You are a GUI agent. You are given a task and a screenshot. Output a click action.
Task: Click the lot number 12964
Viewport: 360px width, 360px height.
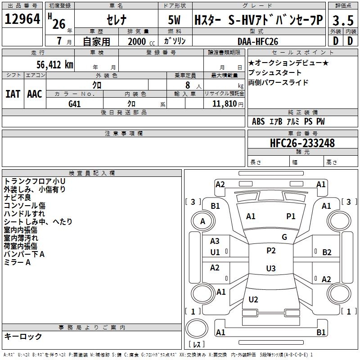(x=22, y=20)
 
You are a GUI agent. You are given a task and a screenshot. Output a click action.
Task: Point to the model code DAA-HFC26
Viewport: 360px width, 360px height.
(x=258, y=41)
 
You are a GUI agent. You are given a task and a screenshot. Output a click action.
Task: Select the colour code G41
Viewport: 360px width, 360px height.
(x=75, y=103)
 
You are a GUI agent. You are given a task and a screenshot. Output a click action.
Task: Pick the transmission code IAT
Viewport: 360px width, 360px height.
(x=13, y=94)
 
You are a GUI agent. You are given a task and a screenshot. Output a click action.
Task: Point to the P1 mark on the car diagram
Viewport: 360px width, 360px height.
(x=291, y=216)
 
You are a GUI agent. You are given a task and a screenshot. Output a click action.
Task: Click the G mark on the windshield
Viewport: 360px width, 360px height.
(x=284, y=237)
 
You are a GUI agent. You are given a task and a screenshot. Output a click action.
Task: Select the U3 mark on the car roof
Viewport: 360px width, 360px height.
(x=270, y=269)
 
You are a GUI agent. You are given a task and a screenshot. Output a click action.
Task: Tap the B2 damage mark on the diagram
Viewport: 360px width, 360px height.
(x=327, y=252)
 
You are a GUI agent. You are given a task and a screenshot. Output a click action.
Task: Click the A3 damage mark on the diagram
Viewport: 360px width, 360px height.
(x=215, y=242)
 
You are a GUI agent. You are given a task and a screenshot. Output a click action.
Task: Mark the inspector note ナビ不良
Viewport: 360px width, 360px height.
(x=18, y=198)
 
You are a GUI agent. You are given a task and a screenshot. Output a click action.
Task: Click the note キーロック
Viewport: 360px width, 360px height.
(x=23, y=336)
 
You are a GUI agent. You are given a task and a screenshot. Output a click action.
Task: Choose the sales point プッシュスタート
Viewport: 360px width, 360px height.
(x=275, y=73)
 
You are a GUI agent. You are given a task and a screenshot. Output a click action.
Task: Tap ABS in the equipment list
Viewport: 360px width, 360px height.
(x=258, y=121)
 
